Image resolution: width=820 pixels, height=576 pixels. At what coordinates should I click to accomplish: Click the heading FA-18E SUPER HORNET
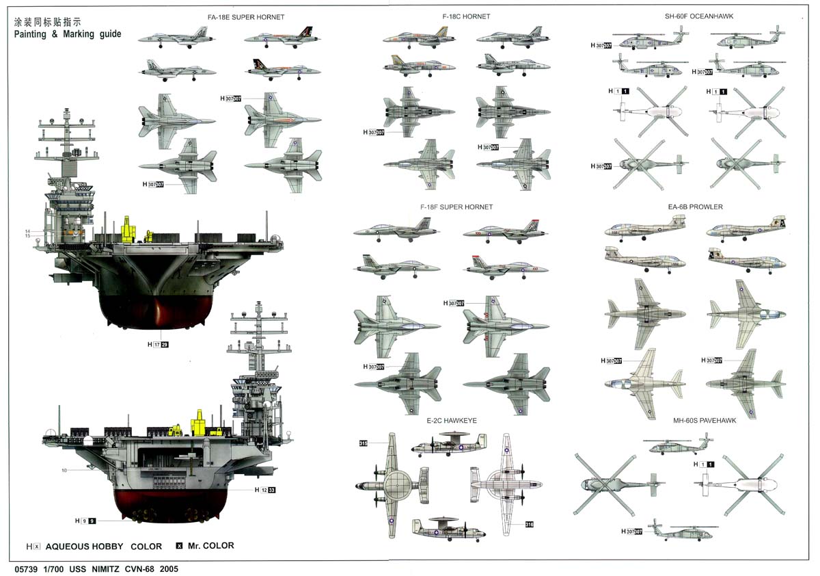point(236,16)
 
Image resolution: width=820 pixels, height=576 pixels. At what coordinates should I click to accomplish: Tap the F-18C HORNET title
point(466,16)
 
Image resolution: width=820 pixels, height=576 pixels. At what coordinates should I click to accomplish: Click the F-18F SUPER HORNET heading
point(456,207)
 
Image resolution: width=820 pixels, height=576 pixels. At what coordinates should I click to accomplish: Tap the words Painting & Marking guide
point(68,34)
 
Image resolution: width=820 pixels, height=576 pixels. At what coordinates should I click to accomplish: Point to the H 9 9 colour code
point(85,521)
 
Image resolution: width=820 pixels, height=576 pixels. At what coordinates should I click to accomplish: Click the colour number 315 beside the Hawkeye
point(364,444)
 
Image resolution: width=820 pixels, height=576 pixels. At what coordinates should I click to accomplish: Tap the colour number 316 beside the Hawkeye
point(529,525)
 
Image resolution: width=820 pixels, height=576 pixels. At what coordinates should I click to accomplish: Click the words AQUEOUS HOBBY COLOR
point(104,547)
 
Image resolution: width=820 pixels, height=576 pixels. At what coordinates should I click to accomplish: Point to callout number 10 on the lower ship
point(64,470)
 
